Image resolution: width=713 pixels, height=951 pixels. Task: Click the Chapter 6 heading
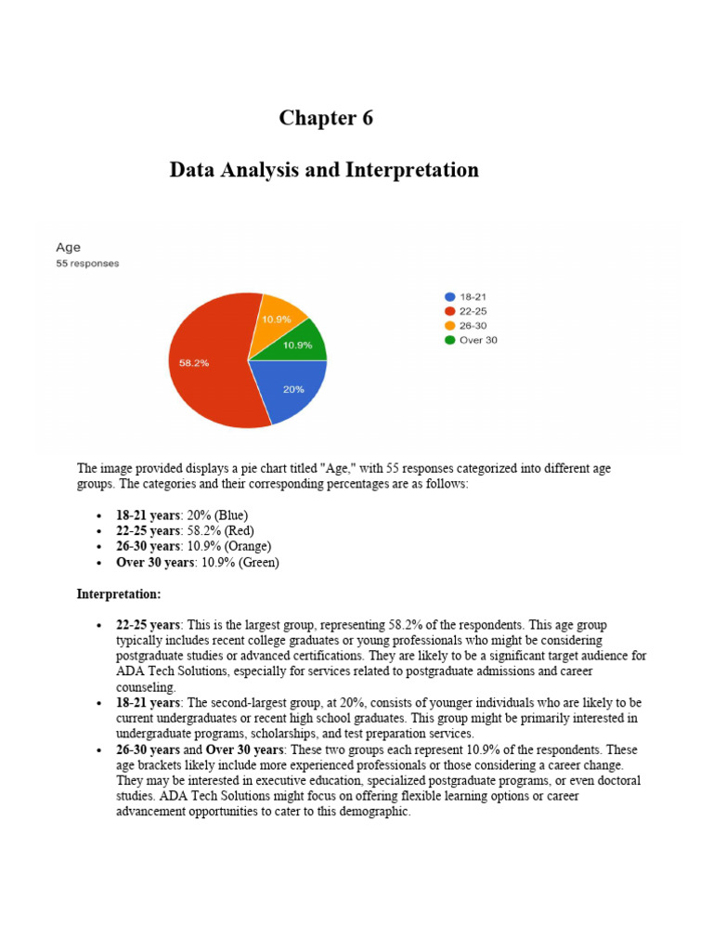pyautogui.click(x=326, y=118)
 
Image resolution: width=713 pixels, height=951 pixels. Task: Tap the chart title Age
pyautogui.click(x=69, y=247)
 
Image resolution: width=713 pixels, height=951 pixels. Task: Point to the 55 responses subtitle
pyautogui.click(x=88, y=264)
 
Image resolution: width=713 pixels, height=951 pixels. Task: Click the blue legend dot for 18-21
pyautogui.click(x=450, y=297)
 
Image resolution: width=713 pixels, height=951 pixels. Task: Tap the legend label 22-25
pyautogui.click(x=473, y=311)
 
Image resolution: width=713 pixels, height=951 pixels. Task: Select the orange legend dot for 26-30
pyautogui.click(x=450, y=325)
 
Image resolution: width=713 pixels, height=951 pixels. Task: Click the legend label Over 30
pyautogui.click(x=478, y=340)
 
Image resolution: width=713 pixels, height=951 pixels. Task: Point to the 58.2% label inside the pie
pyautogui.click(x=194, y=363)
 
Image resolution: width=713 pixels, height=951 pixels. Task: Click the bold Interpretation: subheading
pyautogui.click(x=119, y=593)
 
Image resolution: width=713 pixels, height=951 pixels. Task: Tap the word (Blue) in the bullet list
pyautogui.click(x=230, y=515)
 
